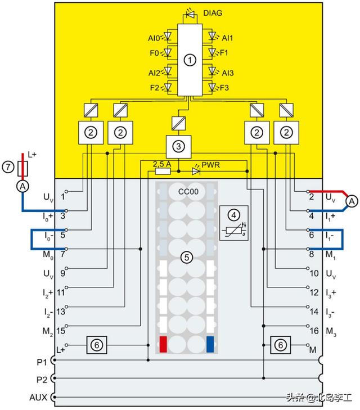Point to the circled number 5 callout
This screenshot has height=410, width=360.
186,257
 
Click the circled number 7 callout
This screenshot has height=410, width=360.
7,167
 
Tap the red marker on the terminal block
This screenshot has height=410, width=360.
163,343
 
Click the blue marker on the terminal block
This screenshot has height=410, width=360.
211,343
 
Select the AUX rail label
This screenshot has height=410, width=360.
38,397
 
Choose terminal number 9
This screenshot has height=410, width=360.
63,274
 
